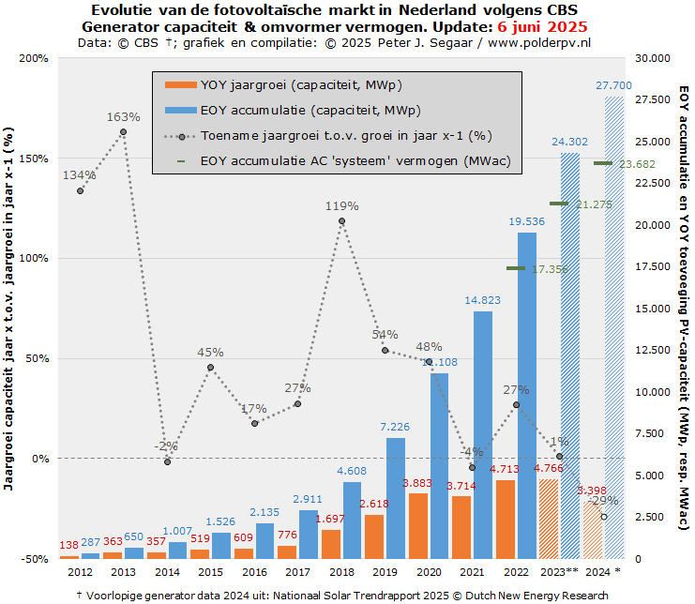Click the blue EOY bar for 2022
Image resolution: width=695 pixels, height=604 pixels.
point(527,394)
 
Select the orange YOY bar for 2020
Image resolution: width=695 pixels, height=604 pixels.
point(417,525)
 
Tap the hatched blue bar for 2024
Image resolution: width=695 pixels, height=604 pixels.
point(613,328)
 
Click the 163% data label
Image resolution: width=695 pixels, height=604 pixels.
point(124,117)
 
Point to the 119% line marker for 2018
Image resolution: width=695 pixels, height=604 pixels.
point(341,221)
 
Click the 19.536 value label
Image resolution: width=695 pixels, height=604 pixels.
point(527,221)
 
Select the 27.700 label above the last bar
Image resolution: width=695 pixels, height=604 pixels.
point(613,85)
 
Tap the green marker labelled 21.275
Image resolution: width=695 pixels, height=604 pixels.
point(559,204)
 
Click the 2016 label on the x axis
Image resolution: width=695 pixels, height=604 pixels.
point(254,571)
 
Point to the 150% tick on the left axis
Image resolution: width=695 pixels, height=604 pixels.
point(35,159)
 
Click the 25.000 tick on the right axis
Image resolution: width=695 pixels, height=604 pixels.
point(653,142)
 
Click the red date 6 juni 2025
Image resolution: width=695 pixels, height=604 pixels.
point(537,26)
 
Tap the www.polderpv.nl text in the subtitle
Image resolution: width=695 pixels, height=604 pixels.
point(538,42)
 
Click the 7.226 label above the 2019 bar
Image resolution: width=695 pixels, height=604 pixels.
point(396,428)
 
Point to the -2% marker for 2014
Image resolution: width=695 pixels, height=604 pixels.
point(167,461)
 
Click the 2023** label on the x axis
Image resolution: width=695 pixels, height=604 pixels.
point(559,571)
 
